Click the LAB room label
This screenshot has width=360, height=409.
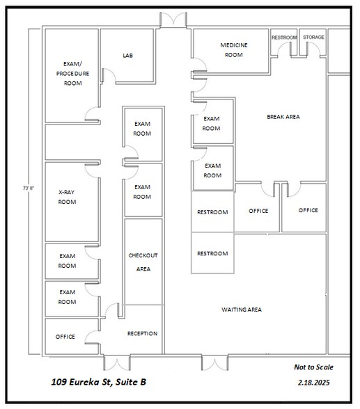127,56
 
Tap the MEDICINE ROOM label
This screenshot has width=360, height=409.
233,50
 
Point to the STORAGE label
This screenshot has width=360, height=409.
313,37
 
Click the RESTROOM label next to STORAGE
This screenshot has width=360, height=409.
284,37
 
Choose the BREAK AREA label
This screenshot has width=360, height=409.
283,117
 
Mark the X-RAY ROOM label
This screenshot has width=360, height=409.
67,197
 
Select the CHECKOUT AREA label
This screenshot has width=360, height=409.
143,262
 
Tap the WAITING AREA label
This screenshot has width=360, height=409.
241,309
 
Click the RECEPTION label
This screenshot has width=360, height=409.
142,333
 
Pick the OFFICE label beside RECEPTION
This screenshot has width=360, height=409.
65,337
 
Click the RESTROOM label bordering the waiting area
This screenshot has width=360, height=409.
212,253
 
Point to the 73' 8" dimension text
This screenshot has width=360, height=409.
26,188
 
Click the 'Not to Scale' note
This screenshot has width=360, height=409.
313,367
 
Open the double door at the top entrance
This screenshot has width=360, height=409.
173,20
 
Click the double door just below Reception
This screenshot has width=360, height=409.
116,362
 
